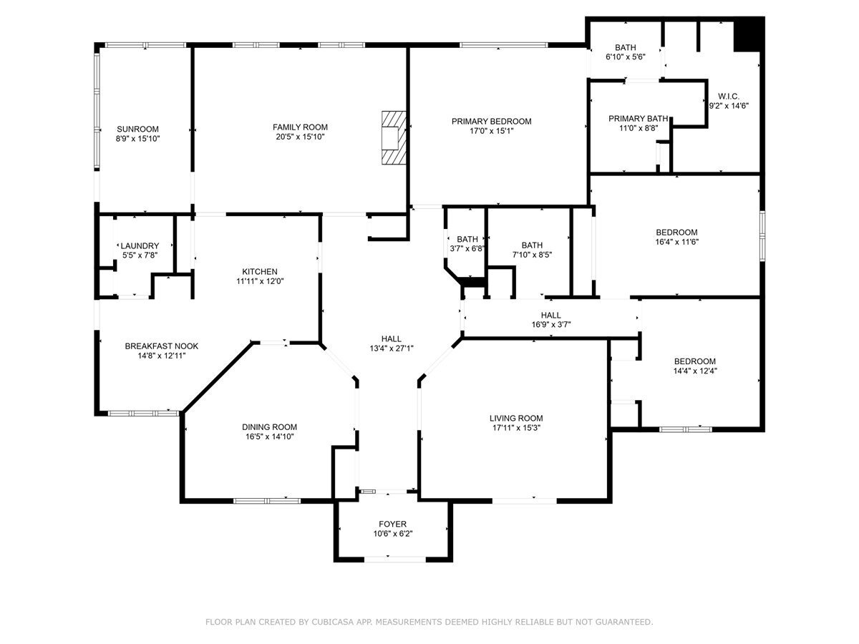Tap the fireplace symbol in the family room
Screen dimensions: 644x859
click(x=393, y=137)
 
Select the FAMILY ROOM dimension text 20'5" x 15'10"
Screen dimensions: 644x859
click(x=300, y=137)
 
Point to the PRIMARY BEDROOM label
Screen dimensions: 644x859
click(x=491, y=121)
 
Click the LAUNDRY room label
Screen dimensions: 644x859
click(x=140, y=245)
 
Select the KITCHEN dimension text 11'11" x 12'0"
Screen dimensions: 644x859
click(x=260, y=281)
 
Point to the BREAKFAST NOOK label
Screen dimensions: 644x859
click(x=161, y=346)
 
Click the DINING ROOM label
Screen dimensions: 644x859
click(x=269, y=426)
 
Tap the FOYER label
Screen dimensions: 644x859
click(x=393, y=524)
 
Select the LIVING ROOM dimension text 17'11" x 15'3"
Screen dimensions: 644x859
click(x=515, y=428)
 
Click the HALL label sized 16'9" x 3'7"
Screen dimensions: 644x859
click(x=550, y=315)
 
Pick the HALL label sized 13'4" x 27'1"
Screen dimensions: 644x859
click(x=391, y=338)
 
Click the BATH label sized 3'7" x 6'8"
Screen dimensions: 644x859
click(x=467, y=239)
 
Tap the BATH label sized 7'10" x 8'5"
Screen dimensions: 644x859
click(x=532, y=245)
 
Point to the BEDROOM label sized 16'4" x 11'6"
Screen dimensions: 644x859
click(x=676, y=232)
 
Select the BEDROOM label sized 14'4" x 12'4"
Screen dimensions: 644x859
click(x=694, y=361)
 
